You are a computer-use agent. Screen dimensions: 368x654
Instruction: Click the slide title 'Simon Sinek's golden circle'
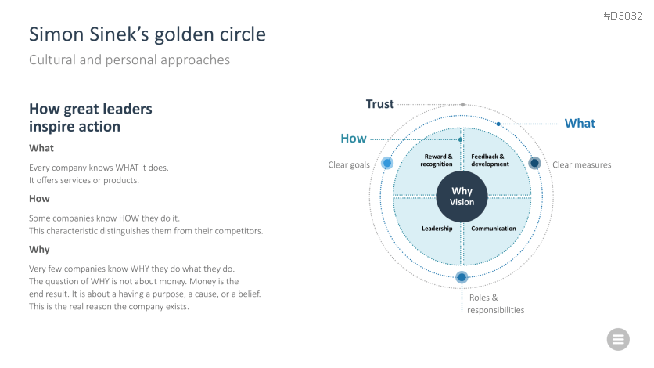pyautogui.click(x=147, y=35)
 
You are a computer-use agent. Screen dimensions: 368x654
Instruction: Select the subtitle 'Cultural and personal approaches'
pyautogui.click(x=129, y=60)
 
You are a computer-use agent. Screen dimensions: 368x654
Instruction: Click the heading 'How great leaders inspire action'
pyautogui.click(x=91, y=117)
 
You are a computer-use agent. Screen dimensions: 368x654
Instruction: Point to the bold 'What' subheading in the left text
pyautogui.click(x=41, y=148)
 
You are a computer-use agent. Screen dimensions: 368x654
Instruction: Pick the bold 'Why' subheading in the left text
pyautogui.click(x=39, y=249)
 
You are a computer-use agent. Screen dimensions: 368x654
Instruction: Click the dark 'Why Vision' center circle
pyautogui.click(x=462, y=197)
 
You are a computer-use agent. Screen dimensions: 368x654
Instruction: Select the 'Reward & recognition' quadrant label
pyautogui.click(x=437, y=161)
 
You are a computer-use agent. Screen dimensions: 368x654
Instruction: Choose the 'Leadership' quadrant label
pyautogui.click(x=437, y=229)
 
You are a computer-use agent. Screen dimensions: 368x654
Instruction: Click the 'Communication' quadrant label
pyautogui.click(x=494, y=229)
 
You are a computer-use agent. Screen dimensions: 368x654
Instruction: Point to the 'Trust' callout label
pyautogui.click(x=380, y=104)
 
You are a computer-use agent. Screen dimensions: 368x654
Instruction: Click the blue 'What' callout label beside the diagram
pyautogui.click(x=580, y=124)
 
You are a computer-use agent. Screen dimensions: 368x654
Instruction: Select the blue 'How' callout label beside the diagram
pyautogui.click(x=354, y=139)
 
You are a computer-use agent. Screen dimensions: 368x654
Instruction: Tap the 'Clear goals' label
pyautogui.click(x=349, y=164)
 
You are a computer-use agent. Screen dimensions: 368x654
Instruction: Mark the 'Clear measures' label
pyautogui.click(x=582, y=164)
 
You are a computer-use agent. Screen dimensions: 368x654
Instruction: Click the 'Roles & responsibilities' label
pyautogui.click(x=495, y=304)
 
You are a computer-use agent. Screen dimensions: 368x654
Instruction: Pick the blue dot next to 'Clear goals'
pyautogui.click(x=386, y=164)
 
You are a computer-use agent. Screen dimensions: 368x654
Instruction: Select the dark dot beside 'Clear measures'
pyautogui.click(x=534, y=163)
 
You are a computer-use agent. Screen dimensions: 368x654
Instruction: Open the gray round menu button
pyautogui.click(x=618, y=339)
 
